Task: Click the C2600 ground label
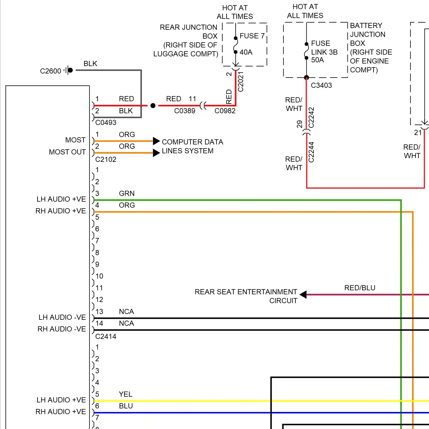[51, 71]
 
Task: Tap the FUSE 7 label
[252, 36]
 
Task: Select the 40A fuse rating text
[246, 52]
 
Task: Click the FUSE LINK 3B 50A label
[324, 52]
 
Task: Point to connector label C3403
[321, 86]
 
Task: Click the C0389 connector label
[185, 111]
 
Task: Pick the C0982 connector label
[225, 111]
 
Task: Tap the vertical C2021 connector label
[241, 82]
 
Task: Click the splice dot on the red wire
[153, 106]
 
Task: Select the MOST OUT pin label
[67, 152]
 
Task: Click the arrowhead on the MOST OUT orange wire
[156, 153]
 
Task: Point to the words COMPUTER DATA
[192, 142]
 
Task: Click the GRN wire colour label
[127, 194]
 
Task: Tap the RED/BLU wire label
[360, 288]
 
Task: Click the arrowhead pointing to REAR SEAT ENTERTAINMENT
[303, 295]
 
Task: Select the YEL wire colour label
[126, 394]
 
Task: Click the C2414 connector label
[106, 337]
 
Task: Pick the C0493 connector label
[106, 123]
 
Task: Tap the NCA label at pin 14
[126, 323]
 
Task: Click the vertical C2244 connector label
[311, 152]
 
